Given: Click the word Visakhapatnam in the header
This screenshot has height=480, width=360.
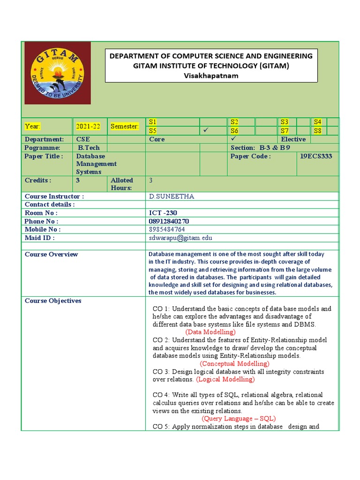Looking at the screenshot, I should pyautogui.click(x=210, y=76).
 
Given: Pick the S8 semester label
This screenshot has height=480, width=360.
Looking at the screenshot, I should pyautogui.click(x=318, y=131).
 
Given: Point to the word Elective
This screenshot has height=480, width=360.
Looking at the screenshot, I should pyautogui.click(x=293, y=139).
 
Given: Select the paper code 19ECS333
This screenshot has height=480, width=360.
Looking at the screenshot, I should pyautogui.click(x=316, y=156).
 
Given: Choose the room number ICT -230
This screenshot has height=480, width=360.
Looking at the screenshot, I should pyautogui.click(x=163, y=213).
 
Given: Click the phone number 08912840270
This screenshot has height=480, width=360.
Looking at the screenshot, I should pyautogui.click(x=169, y=221).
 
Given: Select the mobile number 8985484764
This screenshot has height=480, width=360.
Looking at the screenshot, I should pyautogui.click(x=167, y=229).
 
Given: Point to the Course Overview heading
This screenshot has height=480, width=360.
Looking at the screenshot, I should pyautogui.click(x=51, y=255).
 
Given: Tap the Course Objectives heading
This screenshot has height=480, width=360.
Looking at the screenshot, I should pyautogui.click(x=53, y=301).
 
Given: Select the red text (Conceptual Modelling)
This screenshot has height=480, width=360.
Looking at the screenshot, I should pyautogui.click(x=234, y=363).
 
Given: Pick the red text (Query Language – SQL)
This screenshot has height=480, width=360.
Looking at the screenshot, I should pyautogui.click(x=239, y=419).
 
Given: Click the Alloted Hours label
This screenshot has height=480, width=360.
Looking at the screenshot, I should pyautogui.click(x=122, y=184).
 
